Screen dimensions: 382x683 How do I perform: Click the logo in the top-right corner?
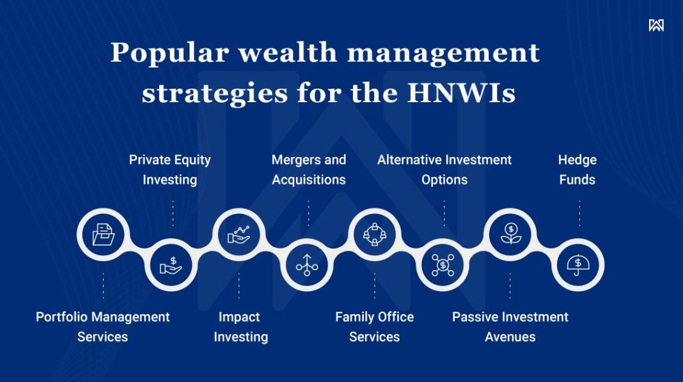coord(656,25)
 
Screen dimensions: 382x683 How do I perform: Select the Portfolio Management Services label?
coord(103,326)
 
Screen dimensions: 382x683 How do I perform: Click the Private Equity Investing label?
coord(169,169)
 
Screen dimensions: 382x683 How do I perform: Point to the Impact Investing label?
coord(240,326)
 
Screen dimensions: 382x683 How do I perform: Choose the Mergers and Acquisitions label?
coord(308,169)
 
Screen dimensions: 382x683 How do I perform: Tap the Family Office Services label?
coord(374,326)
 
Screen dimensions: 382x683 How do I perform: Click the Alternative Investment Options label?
coord(444,169)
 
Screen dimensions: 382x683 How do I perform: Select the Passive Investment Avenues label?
coord(510,326)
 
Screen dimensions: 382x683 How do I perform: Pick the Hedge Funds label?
coord(577,169)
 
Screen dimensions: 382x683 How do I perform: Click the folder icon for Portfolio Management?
coord(104,234)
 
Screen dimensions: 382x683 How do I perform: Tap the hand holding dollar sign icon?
coord(171,264)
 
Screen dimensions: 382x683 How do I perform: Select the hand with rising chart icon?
coord(239,234)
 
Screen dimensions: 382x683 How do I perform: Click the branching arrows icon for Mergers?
coord(307,264)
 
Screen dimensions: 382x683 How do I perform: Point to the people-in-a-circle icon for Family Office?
coord(375,234)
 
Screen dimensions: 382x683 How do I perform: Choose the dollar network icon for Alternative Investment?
coord(443,264)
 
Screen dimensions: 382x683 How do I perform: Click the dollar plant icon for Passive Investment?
coord(510,234)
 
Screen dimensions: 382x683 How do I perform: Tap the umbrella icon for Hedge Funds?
coord(578,264)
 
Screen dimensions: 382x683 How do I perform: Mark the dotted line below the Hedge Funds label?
coord(579,213)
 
